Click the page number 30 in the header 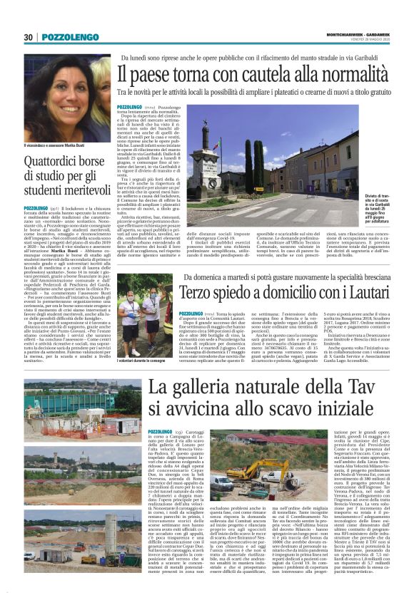(29, 37)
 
